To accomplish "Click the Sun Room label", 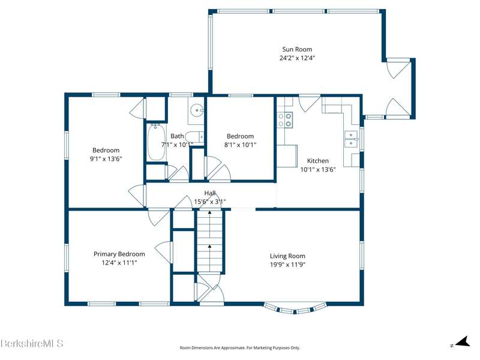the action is [x=297, y=49].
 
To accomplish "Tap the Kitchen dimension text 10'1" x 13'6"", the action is [x=318, y=170].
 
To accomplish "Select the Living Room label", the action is [x=287, y=256].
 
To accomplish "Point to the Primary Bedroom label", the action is [x=119, y=254].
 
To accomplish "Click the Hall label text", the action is [x=210, y=193].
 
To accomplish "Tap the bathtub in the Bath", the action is [x=157, y=142].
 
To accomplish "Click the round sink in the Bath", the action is [x=197, y=110].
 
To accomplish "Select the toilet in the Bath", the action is [x=194, y=137].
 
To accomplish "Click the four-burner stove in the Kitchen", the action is [x=284, y=119].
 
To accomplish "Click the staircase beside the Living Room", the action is [x=209, y=241].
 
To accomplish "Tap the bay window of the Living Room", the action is [x=295, y=308].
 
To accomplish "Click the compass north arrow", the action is [x=463, y=341].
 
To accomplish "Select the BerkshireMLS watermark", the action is [x=32, y=343].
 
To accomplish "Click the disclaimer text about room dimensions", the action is [x=239, y=348].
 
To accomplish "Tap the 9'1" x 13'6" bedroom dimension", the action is [x=106, y=159].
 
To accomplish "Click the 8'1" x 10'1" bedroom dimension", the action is [x=241, y=145].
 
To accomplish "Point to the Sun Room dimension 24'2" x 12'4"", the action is [x=297, y=58].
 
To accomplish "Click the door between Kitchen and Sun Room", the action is [x=309, y=103].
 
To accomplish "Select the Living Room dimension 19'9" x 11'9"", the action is [x=288, y=265].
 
